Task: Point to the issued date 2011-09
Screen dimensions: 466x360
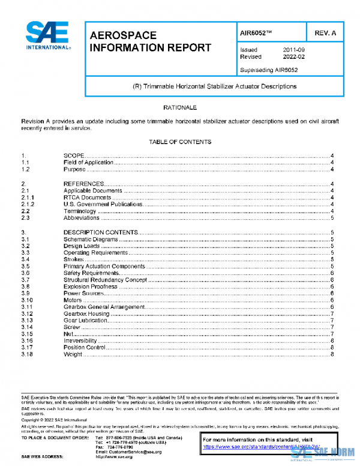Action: (x=294, y=50)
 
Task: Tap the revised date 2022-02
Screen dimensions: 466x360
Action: (x=294, y=57)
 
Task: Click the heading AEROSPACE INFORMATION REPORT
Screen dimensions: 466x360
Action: (x=150, y=41)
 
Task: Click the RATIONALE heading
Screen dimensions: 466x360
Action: (x=180, y=107)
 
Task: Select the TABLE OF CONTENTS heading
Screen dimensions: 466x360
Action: (x=180, y=142)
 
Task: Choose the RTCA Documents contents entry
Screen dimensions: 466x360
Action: (x=88, y=197)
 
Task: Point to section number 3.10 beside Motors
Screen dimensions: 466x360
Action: (x=27, y=300)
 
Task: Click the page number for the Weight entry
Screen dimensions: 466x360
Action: (x=332, y=355)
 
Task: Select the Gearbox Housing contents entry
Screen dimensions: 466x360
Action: (x=86, y=314)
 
